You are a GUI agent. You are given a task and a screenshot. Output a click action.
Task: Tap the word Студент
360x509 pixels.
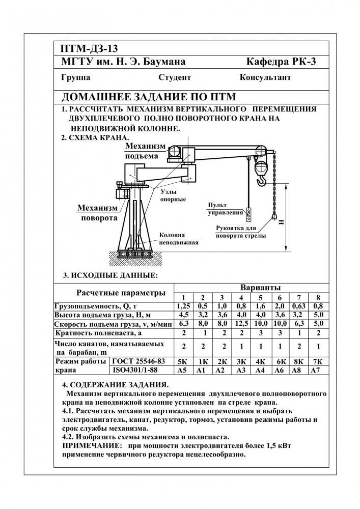click(175, 78)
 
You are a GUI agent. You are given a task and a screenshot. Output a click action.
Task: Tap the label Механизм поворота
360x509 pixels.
click(97, 213)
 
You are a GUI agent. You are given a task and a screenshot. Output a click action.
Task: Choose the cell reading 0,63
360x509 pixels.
click(298, 306)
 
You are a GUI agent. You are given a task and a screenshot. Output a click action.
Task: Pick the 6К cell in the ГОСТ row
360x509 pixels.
click(279, 361)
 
